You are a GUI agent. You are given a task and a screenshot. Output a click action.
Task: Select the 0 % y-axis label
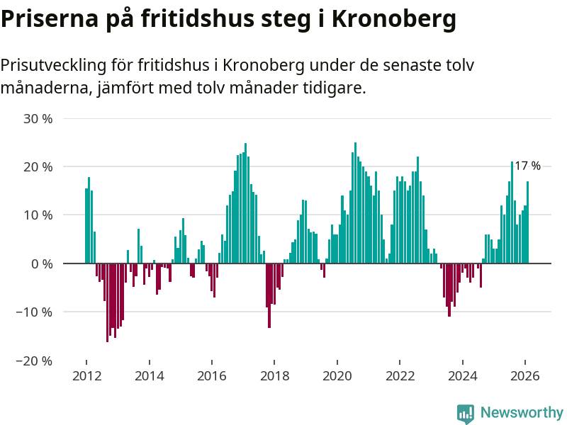[42, 263]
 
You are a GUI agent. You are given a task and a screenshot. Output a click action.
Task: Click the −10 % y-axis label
[33, 312]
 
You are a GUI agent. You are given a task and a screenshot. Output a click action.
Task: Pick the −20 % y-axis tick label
[33, 361]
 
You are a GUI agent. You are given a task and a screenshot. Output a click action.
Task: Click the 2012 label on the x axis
[86, 376]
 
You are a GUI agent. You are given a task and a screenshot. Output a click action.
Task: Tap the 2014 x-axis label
[149, 376]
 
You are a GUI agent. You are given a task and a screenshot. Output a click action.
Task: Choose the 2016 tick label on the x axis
[212, 376]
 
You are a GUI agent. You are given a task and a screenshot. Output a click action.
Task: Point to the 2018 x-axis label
[274, 376]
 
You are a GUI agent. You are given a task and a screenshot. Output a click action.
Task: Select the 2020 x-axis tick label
[337, 376]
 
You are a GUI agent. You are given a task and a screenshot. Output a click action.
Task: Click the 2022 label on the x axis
[400, 376]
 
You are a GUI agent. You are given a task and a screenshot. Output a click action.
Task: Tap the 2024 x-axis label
[463, 376]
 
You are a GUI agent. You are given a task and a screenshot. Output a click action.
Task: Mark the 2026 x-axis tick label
[525, 376]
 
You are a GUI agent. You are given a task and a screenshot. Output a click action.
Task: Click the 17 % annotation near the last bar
[527, 166]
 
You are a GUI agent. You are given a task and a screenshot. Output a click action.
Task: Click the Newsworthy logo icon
[466, 413]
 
